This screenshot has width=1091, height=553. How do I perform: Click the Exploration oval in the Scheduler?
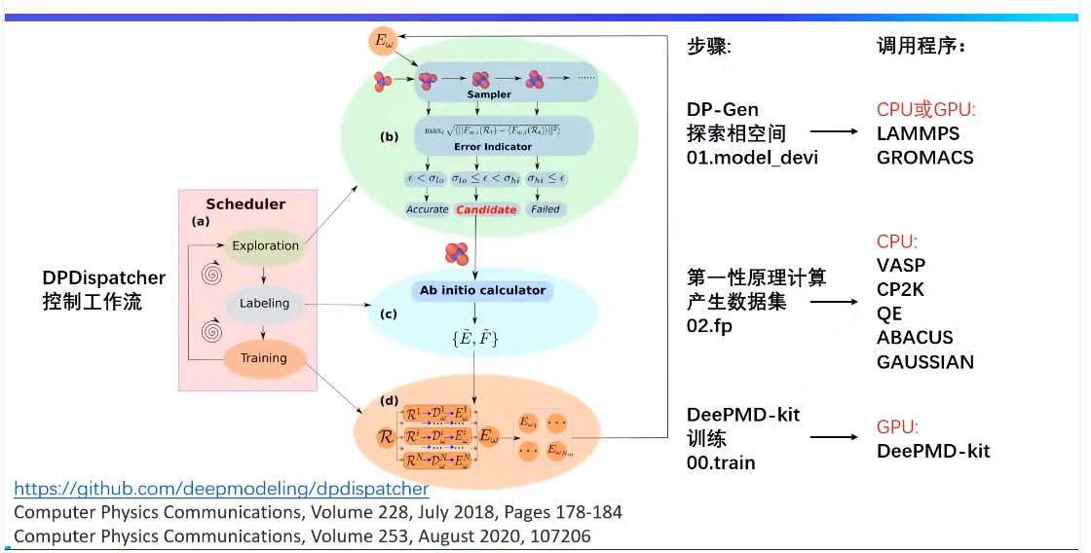pos(265,246)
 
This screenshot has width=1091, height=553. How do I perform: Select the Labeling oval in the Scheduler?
pos(265,303)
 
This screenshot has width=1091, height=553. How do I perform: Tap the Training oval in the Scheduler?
pos(264,358)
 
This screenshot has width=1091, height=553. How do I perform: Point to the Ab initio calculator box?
pos(476,290)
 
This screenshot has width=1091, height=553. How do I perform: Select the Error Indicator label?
pos(493,147)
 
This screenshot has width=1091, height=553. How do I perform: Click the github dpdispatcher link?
pos(221,489)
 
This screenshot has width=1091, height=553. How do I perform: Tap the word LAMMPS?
pos(918,133)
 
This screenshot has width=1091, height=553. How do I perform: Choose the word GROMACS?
pos(924,157)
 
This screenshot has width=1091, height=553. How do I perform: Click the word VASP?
pos(901,265)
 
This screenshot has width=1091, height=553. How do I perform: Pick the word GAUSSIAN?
pos(924,362)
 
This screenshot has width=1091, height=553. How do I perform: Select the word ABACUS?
pos(915,338)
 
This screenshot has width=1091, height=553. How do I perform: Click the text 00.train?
pos(721,462)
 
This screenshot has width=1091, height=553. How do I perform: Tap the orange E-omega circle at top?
pos(382,42)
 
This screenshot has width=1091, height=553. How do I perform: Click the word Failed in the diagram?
pos(545,209)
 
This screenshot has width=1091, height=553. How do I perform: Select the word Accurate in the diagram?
pos(427,209)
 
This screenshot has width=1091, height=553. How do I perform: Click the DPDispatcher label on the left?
pos(104,278)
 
